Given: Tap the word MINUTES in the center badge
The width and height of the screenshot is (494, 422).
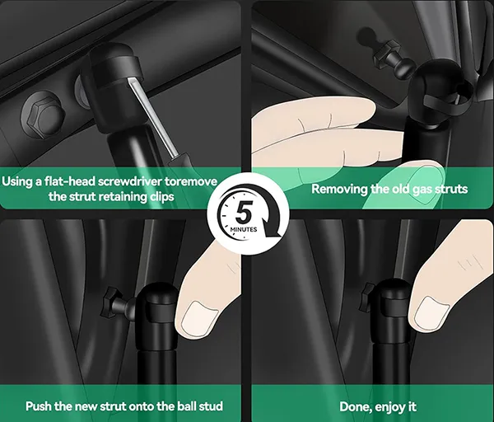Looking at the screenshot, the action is coord(244,229).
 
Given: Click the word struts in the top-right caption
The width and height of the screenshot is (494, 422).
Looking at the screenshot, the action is coord(451,189).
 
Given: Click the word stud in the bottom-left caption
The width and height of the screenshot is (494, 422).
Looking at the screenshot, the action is coord(211,406).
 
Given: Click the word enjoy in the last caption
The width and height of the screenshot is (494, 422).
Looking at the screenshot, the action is coord(390,407).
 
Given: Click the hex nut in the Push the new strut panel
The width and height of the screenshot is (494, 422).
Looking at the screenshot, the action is coord(109,302).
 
